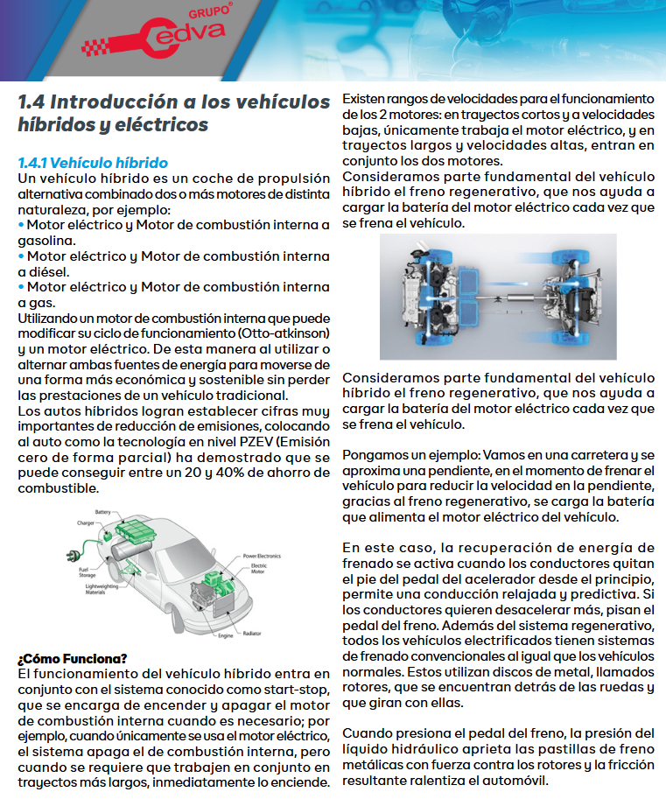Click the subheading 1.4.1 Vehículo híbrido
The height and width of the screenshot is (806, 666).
pos(93,163)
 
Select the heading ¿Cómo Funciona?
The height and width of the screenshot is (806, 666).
pos(73,658)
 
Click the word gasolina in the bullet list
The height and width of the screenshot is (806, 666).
pos(46,240)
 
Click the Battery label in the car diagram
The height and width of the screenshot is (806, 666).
pos(103,512)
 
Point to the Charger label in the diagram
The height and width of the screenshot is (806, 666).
pos(86,523)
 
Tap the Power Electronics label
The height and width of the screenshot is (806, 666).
pos(262,556)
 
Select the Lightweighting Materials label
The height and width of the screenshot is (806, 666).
pos(99,589)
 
